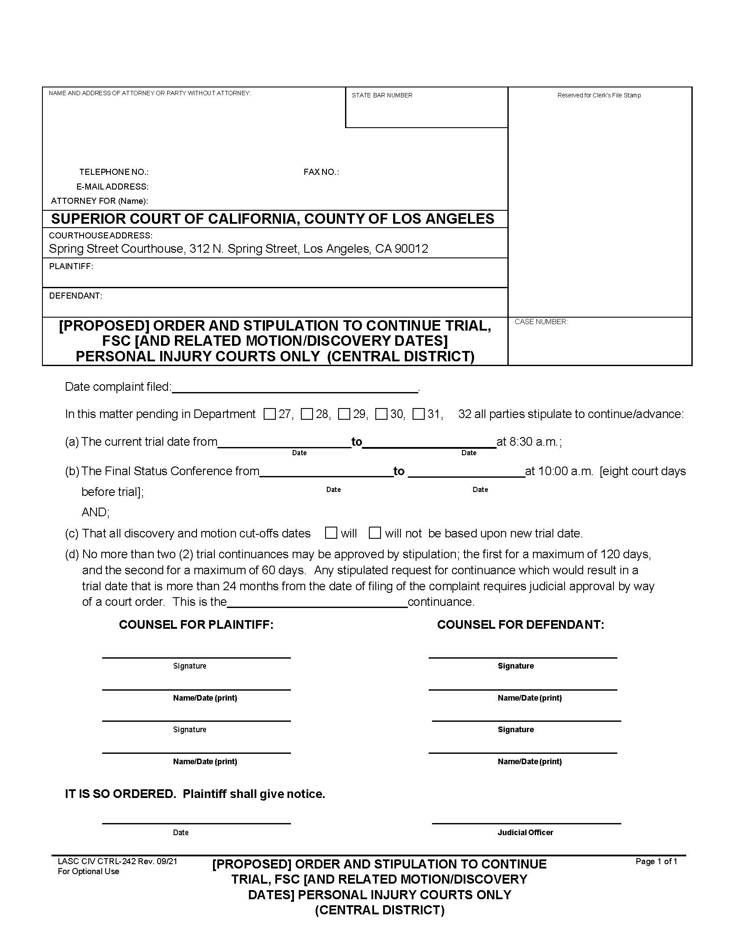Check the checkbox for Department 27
[269, 414]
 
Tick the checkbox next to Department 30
[381, 414]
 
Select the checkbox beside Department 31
[419, 414]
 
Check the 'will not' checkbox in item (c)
[374, 533]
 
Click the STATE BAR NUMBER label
[382, 95]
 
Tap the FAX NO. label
[321, 172]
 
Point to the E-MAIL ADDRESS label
[113, 187]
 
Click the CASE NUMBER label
[541, 322]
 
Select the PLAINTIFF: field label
[71, 266]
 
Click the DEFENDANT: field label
[75, 296]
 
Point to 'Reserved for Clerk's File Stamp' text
[599, 95]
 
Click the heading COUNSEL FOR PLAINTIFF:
[196, 624]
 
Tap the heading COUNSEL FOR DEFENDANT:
[520, 624]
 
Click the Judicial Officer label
[526, 832]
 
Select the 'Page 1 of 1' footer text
[656, 861]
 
